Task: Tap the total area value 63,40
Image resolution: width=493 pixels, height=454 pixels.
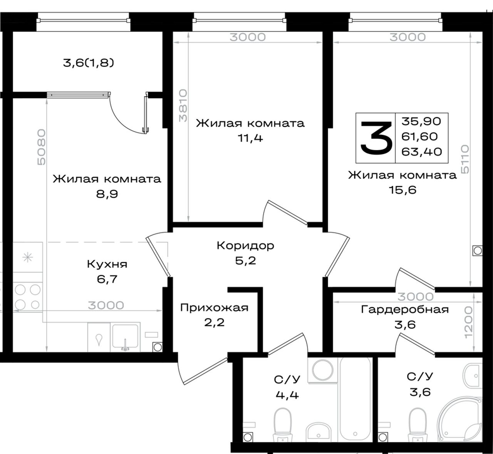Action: click(422, 152)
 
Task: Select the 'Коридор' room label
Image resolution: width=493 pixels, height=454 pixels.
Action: click(245, 245)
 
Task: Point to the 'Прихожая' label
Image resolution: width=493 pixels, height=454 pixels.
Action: click(214, 308)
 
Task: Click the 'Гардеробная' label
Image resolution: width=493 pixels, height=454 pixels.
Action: click(405, 309)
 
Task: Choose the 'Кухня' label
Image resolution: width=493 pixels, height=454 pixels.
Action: click(107, 264)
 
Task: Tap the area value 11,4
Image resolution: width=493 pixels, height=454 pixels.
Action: click(250, 138)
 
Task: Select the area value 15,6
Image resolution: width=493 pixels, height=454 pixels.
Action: click(402, 190)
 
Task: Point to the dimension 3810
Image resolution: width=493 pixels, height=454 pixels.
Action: click(183, 106)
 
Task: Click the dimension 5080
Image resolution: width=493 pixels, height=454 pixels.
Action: click(41, 147)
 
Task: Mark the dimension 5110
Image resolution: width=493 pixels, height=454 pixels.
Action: click(465, 160)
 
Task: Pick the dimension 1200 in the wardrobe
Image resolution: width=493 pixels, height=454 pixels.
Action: click(468, 322)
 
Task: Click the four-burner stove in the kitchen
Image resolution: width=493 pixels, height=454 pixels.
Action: click(27, 297)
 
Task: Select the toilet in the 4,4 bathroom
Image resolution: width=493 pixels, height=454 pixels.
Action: click(283, 425)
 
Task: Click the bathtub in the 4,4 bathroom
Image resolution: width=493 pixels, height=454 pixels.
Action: click(355, 399)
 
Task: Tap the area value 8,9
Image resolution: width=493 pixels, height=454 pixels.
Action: click(107, 194)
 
